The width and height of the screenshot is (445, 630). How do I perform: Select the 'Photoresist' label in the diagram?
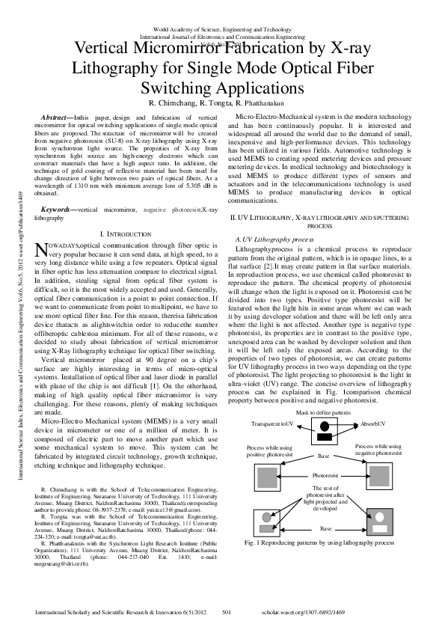(324, 475)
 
